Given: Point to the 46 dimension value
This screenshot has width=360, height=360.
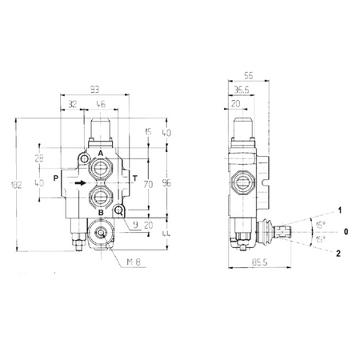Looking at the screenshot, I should pos(101,104).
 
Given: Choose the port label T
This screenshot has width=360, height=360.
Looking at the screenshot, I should pos(134,178).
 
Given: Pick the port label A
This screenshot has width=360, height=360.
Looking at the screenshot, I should pos(101,152).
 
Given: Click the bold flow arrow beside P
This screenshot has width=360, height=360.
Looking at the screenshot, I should pos(82,183).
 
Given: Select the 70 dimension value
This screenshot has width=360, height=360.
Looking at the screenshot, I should pos(147,183).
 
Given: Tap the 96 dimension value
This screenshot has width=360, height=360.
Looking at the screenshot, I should pos(166,183).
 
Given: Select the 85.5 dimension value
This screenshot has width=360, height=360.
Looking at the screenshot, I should pos(258,262).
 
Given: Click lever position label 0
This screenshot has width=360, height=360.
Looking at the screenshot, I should pos(346,232).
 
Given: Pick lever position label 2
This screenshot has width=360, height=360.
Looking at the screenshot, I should pos(340,253).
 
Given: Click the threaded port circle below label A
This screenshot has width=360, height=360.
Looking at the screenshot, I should pos(101,169).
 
